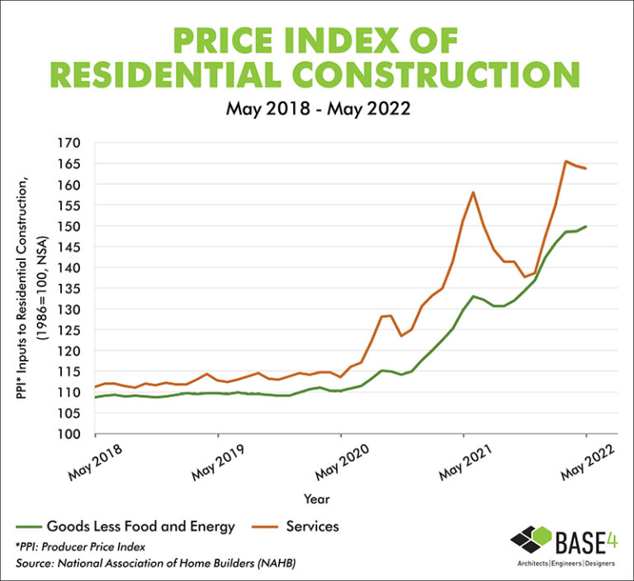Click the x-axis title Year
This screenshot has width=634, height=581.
(317, 499)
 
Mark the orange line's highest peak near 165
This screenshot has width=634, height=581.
(565, 162)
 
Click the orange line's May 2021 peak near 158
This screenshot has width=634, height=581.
(473, 192)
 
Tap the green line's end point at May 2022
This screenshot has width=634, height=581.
(586, 226)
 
